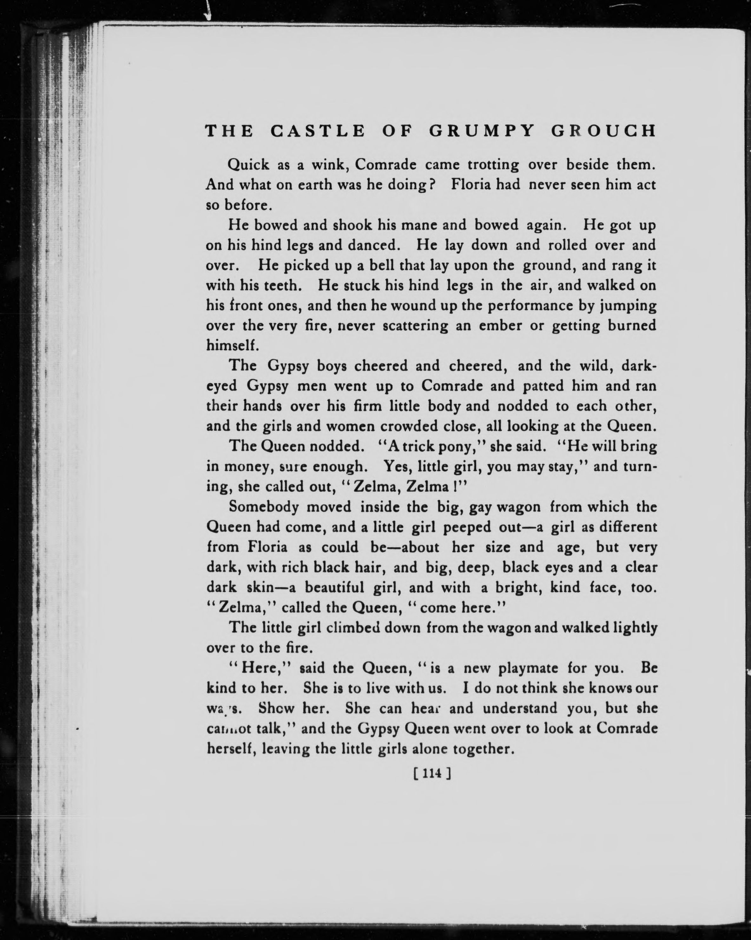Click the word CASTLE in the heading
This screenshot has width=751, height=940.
(x=317, y=131)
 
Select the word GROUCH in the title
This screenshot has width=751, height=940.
(x=604, y=131)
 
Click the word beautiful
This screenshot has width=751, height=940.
(x=334, y=587)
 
